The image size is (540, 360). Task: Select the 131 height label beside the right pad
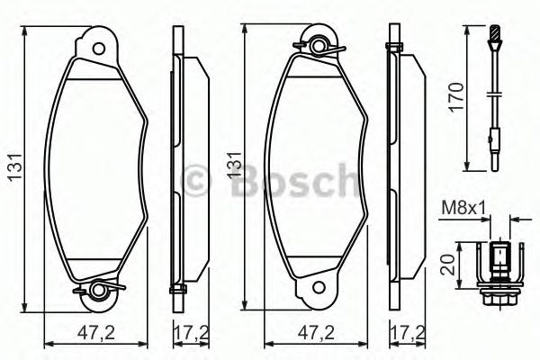pyautogui.click(x=237, y=165)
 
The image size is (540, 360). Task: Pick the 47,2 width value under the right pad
pyautogui.click(x=316, y=332)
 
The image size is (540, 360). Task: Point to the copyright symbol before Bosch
pyautogui.click(x=196, y=180)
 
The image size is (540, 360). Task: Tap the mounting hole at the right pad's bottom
pyautogui.click(x=317, y=289)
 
